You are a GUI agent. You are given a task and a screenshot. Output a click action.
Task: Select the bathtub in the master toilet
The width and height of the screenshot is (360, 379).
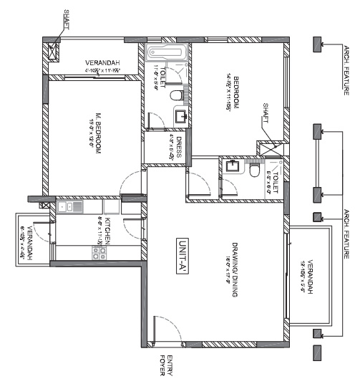click(166, 52)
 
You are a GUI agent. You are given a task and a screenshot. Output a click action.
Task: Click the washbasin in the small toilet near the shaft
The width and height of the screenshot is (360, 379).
click(233, 167)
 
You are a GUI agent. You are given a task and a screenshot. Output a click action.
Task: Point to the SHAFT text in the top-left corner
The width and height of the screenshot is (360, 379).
click(66, 19)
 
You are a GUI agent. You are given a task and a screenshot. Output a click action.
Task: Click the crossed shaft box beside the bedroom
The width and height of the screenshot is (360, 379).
click(268, 150)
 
